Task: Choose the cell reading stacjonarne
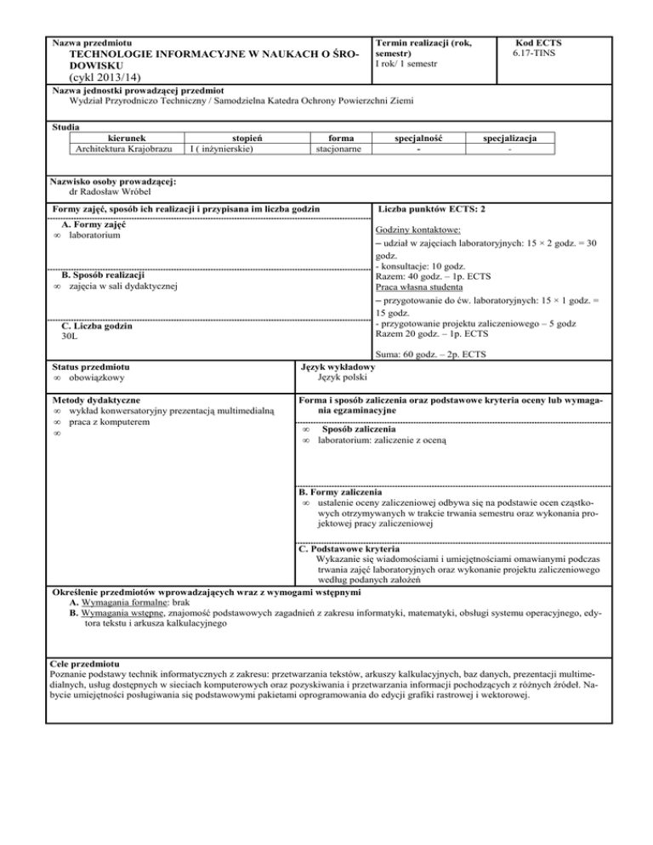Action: [329, 149]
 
